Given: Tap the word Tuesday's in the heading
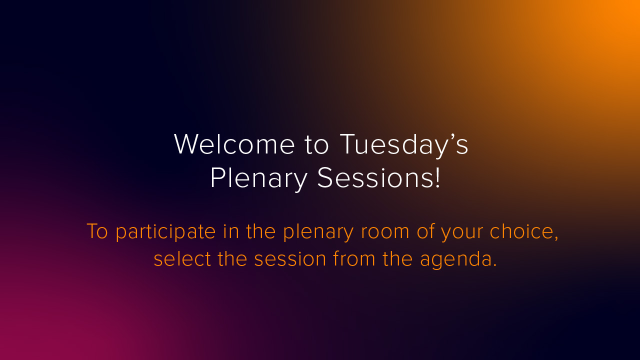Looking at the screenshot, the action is [404, 145].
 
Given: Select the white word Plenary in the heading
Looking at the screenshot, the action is [259, 179].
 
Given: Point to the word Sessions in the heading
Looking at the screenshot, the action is [375, 177].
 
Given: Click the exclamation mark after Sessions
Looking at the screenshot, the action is [437, 177].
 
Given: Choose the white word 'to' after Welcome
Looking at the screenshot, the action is [316, 145].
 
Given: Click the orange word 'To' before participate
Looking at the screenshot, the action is [97, 231].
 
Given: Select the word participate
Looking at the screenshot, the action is [165, 232].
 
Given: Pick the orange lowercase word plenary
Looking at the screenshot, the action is [318, 232].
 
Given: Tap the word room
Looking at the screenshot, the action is [385, 232].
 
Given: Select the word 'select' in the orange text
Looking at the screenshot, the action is [182, 259].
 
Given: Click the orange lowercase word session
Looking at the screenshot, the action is [290, 259].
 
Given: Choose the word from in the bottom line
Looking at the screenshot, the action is [354, 258].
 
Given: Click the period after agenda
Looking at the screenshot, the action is [494, 265].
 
